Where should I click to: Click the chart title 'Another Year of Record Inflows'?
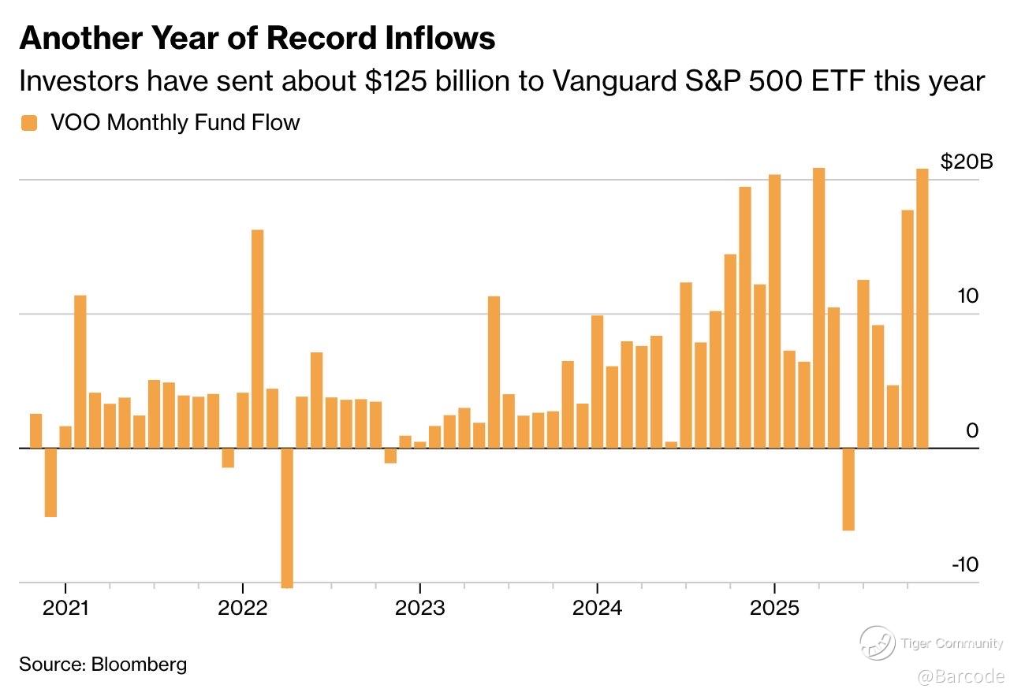(x=257, y=37)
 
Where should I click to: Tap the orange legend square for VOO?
(x=29, y=123)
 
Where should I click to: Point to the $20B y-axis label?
(x=966, y=162)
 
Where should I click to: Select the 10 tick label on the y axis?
(x=967, y=296)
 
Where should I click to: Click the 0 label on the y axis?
(x=972, y=431)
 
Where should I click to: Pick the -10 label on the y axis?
(x=964, y=565)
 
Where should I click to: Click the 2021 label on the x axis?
(x=65, y=608)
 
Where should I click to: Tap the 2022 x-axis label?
(x=243, y=608)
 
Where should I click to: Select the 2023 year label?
(x=420, y=608)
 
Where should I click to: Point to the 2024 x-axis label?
(x=598, y=608)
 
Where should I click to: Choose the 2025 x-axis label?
(x=775, y=608)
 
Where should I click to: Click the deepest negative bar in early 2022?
(x=287, y=517)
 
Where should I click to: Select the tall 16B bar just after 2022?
(x=257, y=339)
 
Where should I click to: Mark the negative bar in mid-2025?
(x=848, y=489)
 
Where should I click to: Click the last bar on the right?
(x=922, y=308)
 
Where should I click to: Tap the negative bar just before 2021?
(x=50, y=482)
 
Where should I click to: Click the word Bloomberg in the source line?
(x=139, y=664)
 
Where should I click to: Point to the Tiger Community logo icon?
(x=877, y=643)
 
